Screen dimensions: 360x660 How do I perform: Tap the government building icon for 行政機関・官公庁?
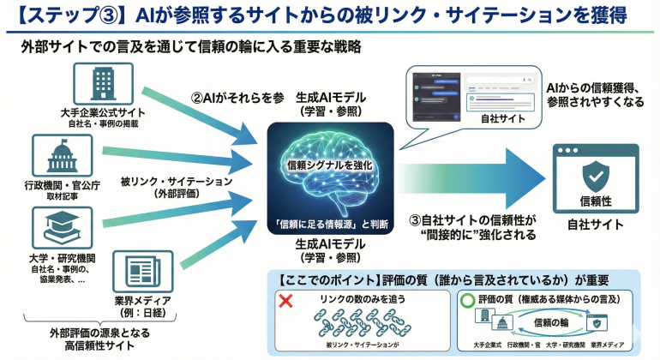click(56, 156)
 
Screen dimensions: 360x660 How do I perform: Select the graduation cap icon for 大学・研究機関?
click(56, 227)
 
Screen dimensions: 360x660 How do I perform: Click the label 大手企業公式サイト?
click(104, 112)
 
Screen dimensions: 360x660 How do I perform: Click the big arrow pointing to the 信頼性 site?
click(480, 175)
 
